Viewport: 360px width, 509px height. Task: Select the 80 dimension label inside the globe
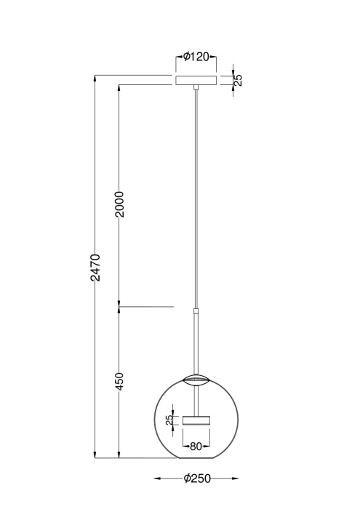[195, 446]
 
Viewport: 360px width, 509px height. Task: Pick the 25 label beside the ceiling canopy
[238, 79]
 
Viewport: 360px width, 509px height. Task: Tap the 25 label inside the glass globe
[169, 420]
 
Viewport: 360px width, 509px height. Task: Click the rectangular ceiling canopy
[196, 79]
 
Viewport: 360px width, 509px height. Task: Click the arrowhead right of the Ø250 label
[234, 478]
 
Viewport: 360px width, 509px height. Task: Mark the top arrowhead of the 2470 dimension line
[95, 77]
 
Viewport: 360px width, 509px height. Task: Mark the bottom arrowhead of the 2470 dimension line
[95, 456]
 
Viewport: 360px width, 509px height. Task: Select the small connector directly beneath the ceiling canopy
[196, 89]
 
